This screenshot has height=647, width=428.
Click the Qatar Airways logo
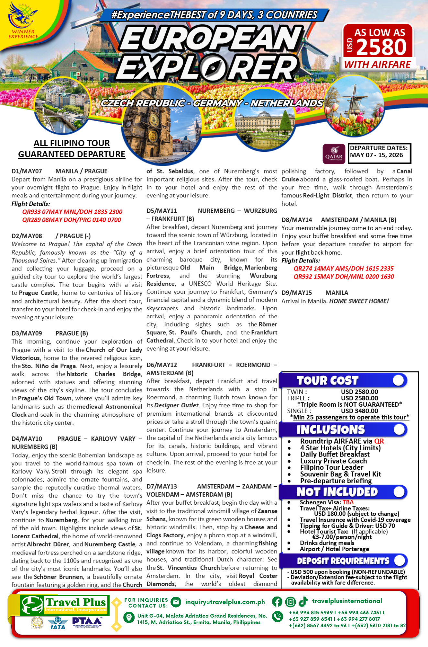pos(334,154)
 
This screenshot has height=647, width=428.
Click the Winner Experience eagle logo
pos(22,16)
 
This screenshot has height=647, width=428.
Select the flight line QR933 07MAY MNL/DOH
pos(72,212)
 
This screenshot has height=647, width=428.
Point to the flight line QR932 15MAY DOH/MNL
pos(344,277)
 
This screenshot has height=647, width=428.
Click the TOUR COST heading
pos(327,380)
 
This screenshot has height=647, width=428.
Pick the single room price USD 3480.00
pos(359,411)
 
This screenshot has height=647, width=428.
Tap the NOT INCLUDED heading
pos(337,492)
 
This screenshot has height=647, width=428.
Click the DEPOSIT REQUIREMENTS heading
pos(343,561)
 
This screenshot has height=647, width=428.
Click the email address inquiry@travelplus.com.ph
pos(225,602)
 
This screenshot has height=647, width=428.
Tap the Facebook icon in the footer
pos(277,601)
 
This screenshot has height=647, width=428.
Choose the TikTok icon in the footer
pos(303,601)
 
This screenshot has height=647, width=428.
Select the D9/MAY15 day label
pos(297,293)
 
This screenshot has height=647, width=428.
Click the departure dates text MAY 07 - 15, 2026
pos(377,155)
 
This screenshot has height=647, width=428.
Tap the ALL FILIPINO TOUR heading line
pos(72,143)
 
